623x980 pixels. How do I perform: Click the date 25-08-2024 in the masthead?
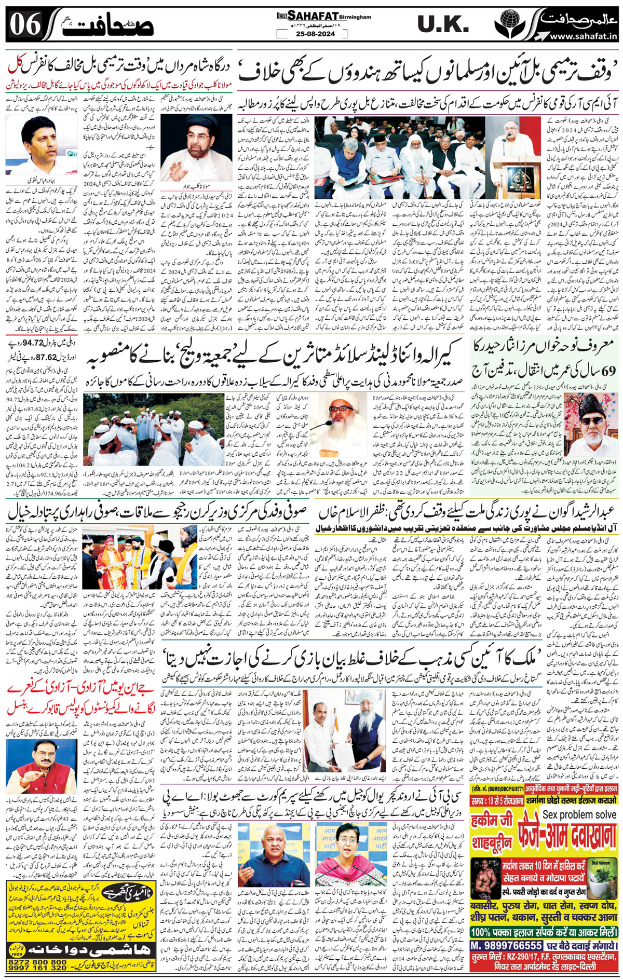click(x=306, y=34)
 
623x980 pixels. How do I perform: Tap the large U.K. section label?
click(x=442, y=24)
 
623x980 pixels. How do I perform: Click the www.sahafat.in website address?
click(x=583, y=36)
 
